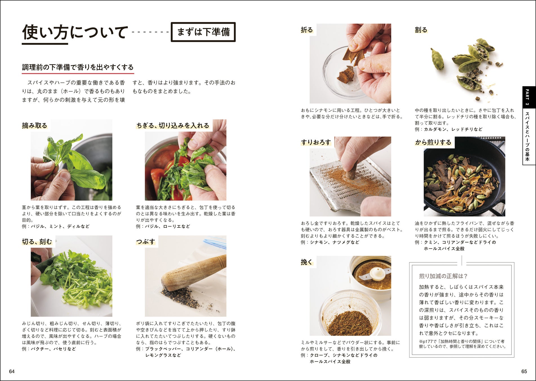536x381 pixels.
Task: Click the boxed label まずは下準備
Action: click(203, 32)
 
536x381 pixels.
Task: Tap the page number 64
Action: click(12, 371)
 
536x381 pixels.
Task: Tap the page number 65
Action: click(524, 371)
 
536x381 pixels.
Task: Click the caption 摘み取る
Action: click(35, 126)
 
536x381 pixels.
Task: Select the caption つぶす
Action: click(146, 242)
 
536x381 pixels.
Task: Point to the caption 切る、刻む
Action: click(37, 242)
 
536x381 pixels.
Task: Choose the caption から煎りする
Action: click(433, 142)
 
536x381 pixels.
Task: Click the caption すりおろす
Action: click(316, 142)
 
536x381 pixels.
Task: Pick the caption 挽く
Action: click(307, 262)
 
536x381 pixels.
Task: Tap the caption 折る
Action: click(307, 30)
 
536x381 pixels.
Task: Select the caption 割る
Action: click(421, 30)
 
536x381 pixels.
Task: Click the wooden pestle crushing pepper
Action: click(193, 272)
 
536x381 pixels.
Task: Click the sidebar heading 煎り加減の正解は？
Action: click(443, 276)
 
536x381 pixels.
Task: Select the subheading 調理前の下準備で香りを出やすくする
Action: click(78, 67)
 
